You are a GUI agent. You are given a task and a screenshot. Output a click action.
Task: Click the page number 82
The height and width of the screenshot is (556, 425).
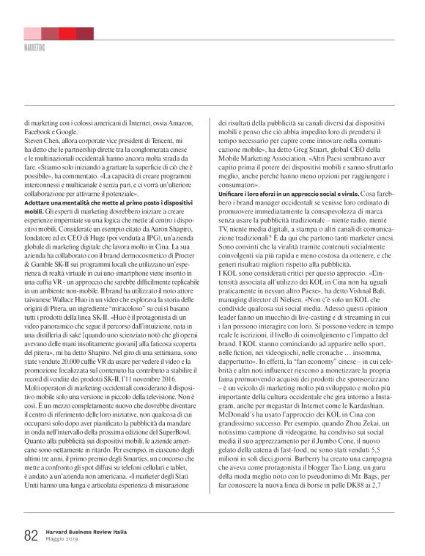click(30, 535)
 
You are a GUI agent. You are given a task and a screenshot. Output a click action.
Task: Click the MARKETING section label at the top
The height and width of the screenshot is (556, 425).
click(35, 47)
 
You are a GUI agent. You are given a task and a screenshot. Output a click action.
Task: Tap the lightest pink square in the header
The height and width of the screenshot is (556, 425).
click(32, 34)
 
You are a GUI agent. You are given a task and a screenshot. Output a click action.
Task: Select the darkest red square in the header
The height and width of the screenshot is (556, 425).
click(85, 34)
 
